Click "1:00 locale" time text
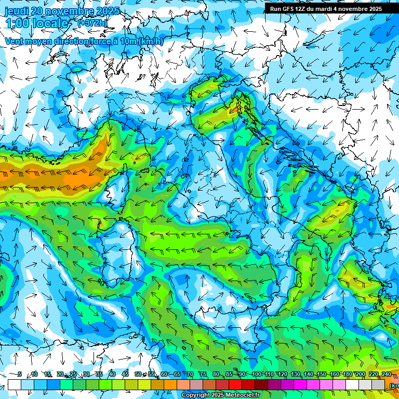coord(36,23)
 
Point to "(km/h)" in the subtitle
coord(151,42)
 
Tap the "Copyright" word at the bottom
coord(196,395)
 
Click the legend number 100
coord(256,375)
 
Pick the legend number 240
coord(387,375)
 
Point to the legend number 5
coord(19,375)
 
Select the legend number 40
coord(112,375)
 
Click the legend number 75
coord(203,375)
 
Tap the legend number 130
coord(296,375)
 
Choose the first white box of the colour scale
coord(15,384)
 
